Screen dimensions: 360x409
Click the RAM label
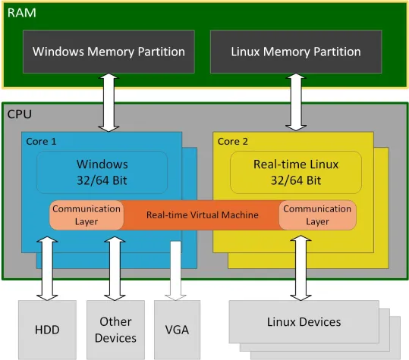coord(21,13)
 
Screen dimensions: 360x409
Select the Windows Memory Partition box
coord(109,52)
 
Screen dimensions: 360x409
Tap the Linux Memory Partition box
coord(295,52)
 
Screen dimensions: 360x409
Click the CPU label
coord(20,114)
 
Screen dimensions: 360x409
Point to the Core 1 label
coord(42,141)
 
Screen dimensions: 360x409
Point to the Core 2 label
coord(233,141)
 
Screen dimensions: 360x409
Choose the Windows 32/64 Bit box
coord(102,172)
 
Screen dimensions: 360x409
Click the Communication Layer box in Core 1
coord(87,215)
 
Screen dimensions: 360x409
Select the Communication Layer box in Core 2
coord(317,215)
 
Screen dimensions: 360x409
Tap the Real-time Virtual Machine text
coord(202,215)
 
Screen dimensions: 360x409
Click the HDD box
coord(47,330)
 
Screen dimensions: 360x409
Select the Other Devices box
coord(115,330)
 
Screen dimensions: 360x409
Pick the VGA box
coord(176,330)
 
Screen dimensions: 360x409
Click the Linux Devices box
coord(304,322)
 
